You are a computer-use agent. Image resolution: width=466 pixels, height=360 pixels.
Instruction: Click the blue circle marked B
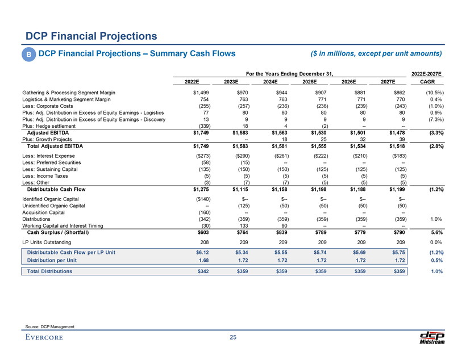28,55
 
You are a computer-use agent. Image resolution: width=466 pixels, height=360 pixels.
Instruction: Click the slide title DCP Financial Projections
90,36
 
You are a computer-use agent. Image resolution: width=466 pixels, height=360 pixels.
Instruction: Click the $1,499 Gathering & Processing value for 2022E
199,92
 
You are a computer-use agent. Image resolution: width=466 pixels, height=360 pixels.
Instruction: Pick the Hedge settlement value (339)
200,126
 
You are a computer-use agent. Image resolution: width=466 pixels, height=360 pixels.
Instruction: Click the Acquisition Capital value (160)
201,212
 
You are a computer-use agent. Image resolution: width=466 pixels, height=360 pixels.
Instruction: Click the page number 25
233,339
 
